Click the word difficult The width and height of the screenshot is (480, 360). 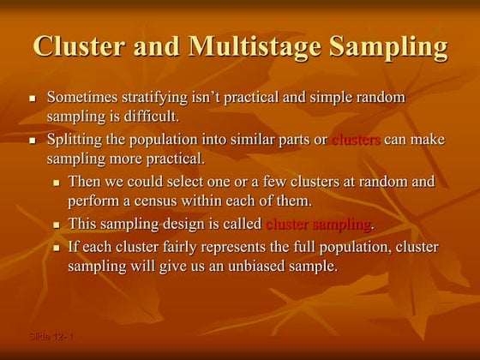point(150,116)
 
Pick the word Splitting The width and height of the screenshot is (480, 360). point(73,140)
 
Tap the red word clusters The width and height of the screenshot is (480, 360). point(355,140)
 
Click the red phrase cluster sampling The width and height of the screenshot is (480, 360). point(319,225)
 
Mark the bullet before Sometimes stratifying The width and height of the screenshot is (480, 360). point(32,99)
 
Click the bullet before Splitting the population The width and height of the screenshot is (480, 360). point(32,141)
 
